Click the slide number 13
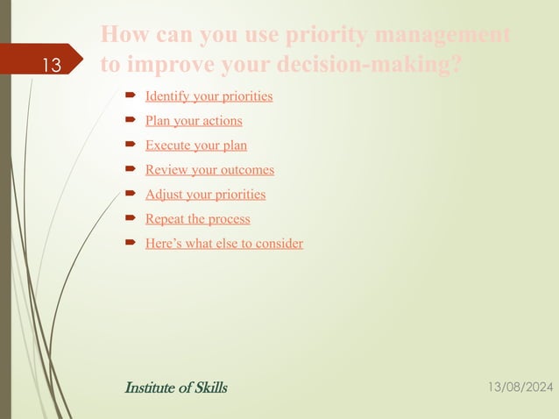point(51,66)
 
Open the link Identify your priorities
point(209,96)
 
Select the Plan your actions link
point(194,120)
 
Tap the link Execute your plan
point(196,145)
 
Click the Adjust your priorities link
point(205,194)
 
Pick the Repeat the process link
point(197,218)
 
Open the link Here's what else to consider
point(224,243)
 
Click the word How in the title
point(122,36)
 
